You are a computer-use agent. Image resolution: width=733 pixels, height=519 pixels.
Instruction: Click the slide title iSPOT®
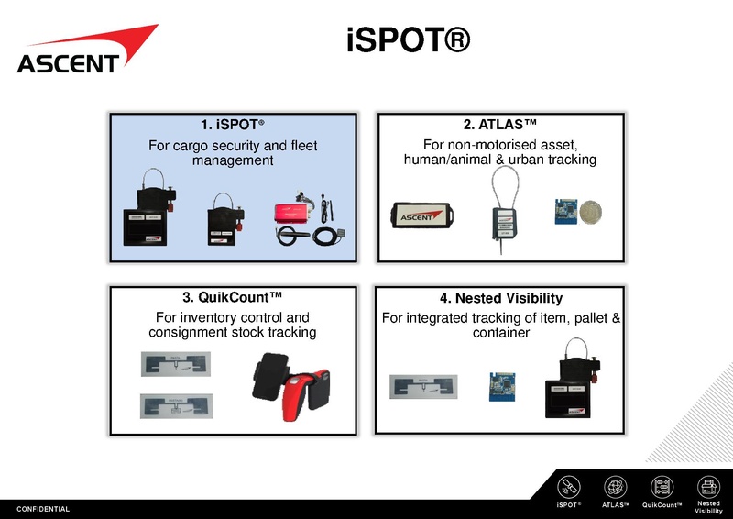point(408,41)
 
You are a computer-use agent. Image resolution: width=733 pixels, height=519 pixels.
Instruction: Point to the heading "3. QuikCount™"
point(232,297)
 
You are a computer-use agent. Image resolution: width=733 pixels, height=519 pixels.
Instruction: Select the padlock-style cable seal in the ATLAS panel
point(499,215)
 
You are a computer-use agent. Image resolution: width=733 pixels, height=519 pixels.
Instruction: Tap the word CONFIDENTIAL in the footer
point(43,509)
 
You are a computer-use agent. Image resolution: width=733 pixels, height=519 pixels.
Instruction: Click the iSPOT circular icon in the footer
point(569,487)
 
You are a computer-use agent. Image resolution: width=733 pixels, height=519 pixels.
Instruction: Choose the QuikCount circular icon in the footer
point(662,487)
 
